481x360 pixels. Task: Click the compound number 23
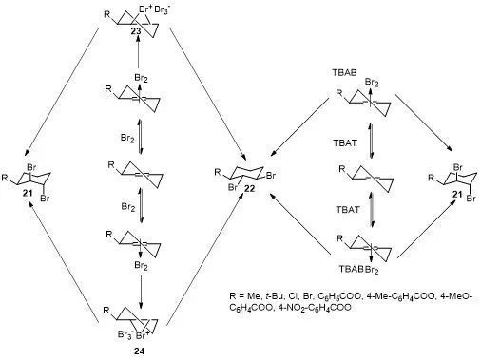coord(138,31)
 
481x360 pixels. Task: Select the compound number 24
coord(140,351)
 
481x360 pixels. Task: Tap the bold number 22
coord(250,189)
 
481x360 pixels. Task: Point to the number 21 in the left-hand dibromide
coord(28,192)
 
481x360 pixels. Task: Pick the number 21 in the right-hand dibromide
coord(457,194)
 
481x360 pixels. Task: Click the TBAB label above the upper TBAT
coord(344,72)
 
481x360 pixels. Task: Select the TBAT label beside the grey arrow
coord(348,209)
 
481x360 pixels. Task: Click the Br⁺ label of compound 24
coord(143,335)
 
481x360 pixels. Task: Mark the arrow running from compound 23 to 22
coord(207,93)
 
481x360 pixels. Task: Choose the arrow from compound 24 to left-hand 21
coord(64,262)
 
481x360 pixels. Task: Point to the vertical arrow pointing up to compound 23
coord(138,52)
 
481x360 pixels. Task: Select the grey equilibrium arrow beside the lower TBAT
coord(373,208)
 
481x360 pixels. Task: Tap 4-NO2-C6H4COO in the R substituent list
coord(314,307)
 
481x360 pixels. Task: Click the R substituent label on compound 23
coord(108,14)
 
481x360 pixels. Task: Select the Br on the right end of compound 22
coord(271,176)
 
